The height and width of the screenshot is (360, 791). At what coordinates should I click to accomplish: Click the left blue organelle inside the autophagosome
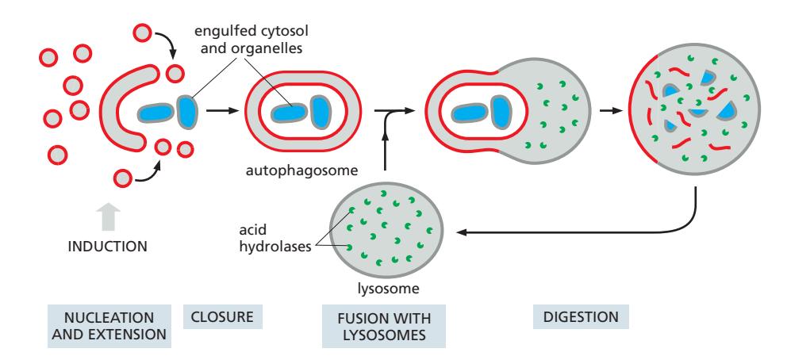coord(290,112)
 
